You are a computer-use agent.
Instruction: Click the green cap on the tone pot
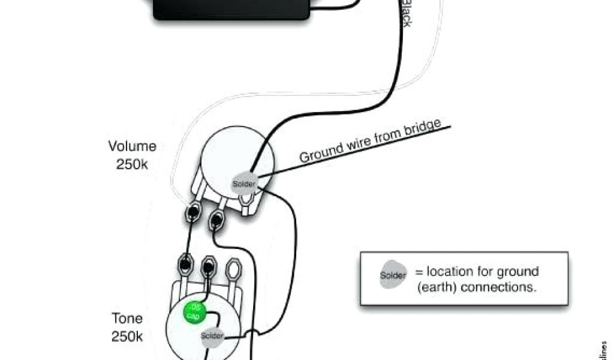click(195, 312)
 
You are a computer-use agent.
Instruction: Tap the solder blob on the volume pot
click(244, 183)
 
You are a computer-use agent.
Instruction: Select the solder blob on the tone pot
click(212, 335)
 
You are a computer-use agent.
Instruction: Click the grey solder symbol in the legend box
click(393, 276)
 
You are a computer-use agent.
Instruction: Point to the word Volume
click(132, 146)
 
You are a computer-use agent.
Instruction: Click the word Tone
click(127, 318)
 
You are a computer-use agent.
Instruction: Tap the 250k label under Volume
click(132, 164)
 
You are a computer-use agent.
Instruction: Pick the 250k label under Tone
click(127, 336)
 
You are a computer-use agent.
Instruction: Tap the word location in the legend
click(459, 272)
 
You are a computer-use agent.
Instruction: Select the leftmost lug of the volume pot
click(194, 212)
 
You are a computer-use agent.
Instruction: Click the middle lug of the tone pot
click(209, 263)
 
